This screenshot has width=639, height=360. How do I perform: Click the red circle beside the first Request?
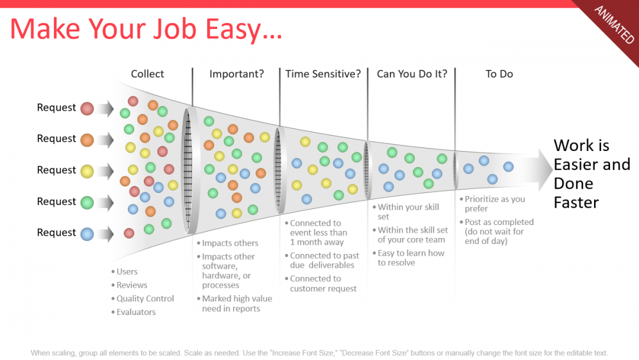click(x=87, y=108)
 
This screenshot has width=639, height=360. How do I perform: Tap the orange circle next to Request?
click(x=87, y=140)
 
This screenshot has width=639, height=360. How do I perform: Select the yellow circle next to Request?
click(x=87, y=171)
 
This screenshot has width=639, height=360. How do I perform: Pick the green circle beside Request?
click(x=87, y=202)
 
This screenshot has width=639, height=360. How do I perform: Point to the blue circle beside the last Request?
click(x=87, y=234)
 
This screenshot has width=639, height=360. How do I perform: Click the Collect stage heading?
click(x=147, y=74)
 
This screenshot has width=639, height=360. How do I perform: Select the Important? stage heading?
click(x=237, y=74)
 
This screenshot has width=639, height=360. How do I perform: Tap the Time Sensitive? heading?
click(x=323, y=74)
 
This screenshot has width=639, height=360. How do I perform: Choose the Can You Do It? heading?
click(x=412, y=74)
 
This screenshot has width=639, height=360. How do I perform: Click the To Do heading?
click(x=499, y=74)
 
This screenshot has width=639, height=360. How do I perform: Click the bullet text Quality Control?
click(x=145, y=298)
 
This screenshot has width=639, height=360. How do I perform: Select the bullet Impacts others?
click(x=230, y=243)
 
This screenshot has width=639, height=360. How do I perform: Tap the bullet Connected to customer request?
click(x=323, y=284)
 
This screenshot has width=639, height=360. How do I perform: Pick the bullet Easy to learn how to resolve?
click(x=411, y=258)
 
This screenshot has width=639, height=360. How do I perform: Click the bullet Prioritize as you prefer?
click(x=494, y=204)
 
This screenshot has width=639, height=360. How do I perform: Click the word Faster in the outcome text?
click(x=576, y=202)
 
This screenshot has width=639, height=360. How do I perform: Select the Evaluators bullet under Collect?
click(x=136, y=312)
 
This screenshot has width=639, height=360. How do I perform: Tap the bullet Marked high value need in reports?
click(x=237, y=303)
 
